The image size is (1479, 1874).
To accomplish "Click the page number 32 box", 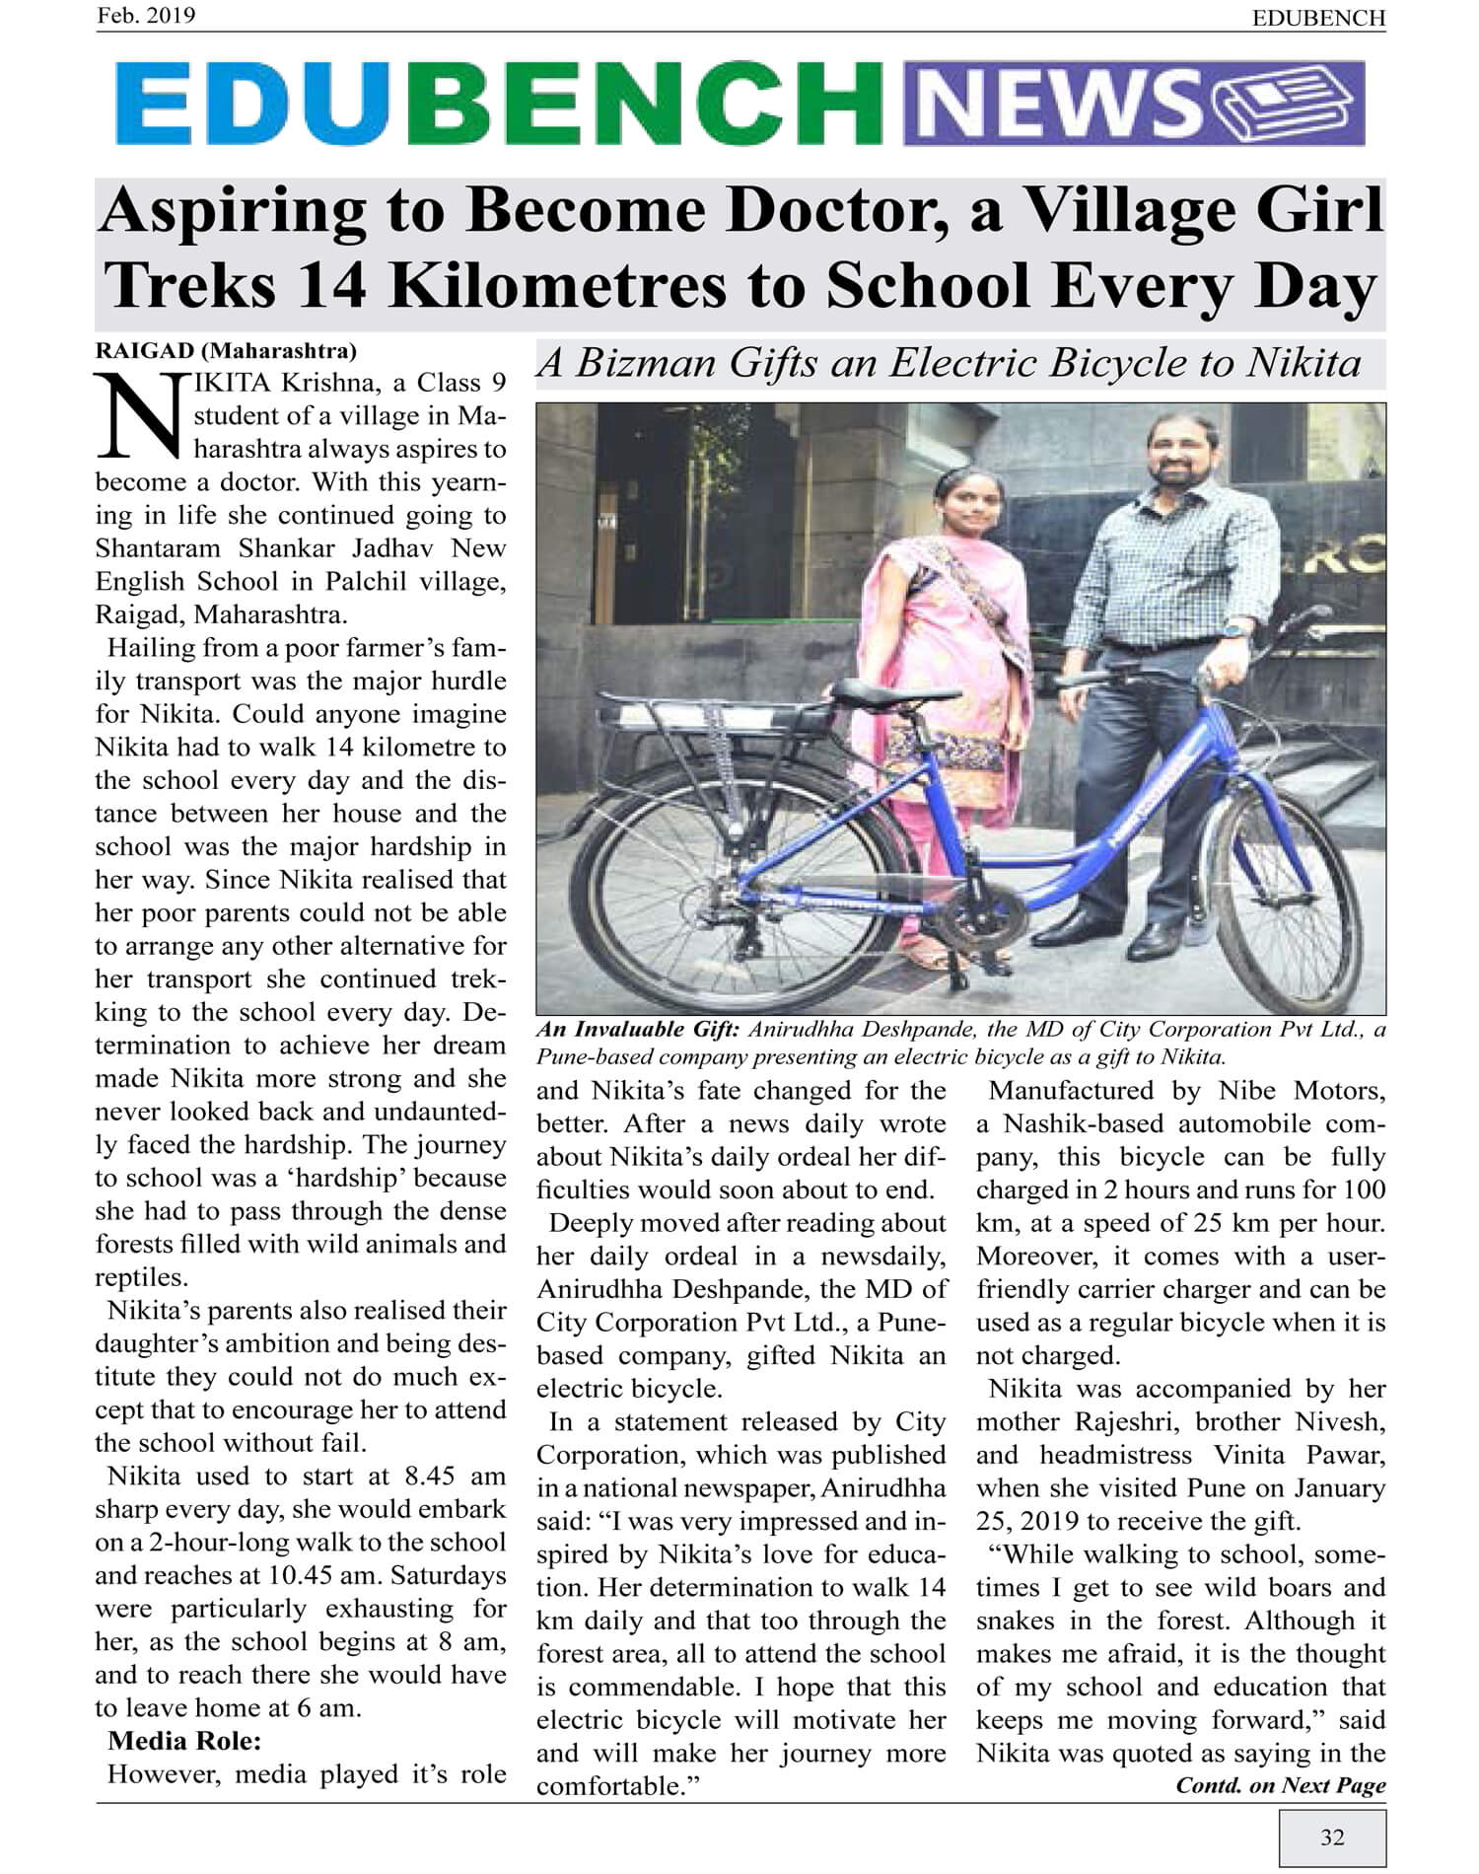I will (1332, 1837).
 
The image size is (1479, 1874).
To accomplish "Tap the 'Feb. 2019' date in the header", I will (146, 16).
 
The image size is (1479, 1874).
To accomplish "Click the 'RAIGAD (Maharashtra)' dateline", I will (226, 350).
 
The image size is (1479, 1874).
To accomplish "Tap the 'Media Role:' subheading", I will (184, 1740).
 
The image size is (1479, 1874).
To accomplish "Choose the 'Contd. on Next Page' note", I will (1280, 1784).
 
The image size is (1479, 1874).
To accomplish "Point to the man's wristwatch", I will (1233, 628).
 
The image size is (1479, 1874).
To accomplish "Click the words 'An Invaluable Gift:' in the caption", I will (637, 1029).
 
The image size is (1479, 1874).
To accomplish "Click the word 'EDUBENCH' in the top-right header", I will (1318, 18).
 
